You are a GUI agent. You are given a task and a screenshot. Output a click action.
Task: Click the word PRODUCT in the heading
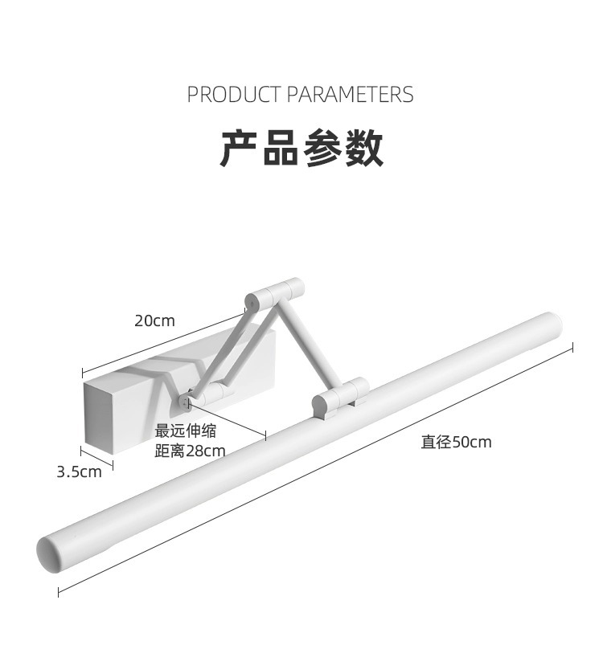point(234,95)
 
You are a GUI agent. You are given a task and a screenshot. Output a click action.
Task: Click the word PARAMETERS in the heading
point(350,95)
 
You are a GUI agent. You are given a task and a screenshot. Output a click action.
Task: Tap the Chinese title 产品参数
point(301,148)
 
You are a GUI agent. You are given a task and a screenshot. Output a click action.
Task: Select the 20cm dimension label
point(154,320)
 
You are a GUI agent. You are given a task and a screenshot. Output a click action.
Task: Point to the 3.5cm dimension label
point(79,472)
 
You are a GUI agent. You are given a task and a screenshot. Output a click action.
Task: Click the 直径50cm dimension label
point(456,442)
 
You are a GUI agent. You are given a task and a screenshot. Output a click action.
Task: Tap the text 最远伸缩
point(186,431)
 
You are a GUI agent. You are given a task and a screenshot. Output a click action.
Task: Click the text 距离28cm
point(191,451)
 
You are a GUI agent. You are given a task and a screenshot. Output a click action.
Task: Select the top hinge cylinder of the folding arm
point(274,294)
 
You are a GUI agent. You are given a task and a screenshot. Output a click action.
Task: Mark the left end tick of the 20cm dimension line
point(83,373)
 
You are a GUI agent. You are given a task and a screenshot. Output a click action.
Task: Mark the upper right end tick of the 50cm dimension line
point(572,346)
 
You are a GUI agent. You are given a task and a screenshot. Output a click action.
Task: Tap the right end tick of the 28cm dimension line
point(265,436)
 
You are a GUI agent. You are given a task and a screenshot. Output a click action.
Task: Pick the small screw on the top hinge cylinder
point(252,304)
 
